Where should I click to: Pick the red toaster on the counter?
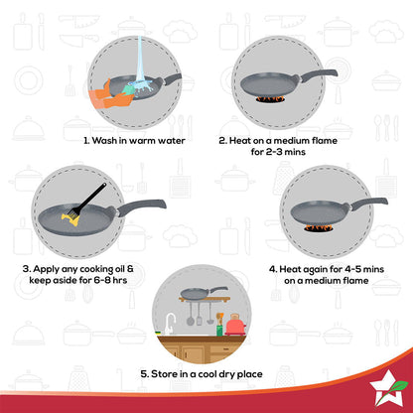pos(234,326)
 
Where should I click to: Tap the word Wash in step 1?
pos(108,141)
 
